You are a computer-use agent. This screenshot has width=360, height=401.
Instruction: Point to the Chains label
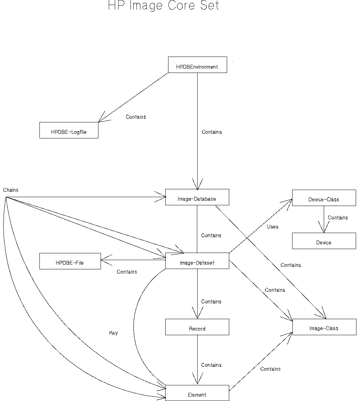click(11, 190)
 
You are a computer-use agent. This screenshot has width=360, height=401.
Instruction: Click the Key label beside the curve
click(113, 333)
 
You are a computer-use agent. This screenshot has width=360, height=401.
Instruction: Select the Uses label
click(273, 227)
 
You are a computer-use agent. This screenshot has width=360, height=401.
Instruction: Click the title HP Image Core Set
click(163, 5)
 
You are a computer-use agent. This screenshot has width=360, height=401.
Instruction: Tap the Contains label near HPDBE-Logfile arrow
click(136, 117)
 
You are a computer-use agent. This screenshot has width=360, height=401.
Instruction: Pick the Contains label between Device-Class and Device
click(338, 217)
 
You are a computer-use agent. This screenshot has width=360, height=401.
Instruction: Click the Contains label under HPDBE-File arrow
click(127, 272)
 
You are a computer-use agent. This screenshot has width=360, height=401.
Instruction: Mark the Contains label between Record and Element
click(211, 365)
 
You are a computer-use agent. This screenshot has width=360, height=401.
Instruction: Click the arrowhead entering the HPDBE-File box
click(103, 260)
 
